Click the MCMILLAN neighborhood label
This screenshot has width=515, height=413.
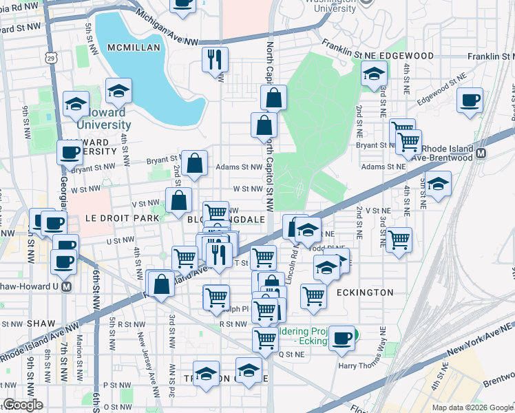tap(134, 47)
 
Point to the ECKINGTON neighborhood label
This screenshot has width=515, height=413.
tap(365, 293)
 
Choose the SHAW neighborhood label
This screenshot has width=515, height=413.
tap(41, 323)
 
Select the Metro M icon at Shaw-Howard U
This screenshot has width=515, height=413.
tap(67, 286)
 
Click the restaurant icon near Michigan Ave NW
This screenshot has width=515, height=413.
tap(216, 59)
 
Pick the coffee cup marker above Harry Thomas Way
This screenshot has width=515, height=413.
tap(341, 337)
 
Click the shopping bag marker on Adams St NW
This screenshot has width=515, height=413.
tap(195, 163)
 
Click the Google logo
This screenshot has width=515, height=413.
tap(23, 405)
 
